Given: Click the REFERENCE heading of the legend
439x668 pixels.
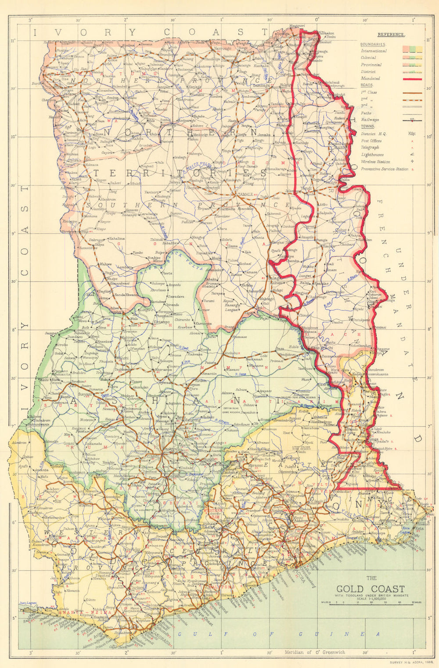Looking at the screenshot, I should click(391, 35).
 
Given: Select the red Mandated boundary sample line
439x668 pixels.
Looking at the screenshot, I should click(412, 79).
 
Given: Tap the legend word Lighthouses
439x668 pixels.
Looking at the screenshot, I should click(372, 155).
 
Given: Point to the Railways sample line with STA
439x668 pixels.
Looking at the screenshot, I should click(412, 120).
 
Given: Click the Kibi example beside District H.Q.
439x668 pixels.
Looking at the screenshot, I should click(412, 134).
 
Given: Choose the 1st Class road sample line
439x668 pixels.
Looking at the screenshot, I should click(412, 93).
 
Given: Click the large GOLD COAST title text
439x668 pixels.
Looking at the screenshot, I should click(371, 589).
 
